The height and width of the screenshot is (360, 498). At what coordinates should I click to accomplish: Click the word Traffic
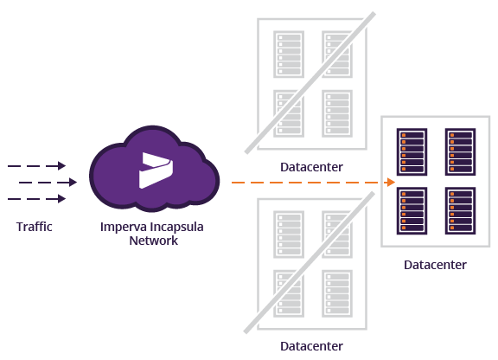tap(35, 228)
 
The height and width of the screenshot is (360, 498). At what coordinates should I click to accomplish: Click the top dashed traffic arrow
tap(36, 165)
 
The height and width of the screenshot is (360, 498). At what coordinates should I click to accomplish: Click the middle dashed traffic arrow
tap(48, 183)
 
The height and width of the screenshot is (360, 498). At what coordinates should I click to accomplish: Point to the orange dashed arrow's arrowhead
tap(390, 183)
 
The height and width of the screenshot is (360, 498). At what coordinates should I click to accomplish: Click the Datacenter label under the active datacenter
tap(435, 265)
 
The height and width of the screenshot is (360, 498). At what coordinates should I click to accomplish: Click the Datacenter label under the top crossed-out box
tap(311, 167)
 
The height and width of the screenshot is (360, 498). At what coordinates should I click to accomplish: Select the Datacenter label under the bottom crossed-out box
tap(311, 346)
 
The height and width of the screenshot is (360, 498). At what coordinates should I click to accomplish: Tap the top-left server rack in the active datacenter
tap(411, 151)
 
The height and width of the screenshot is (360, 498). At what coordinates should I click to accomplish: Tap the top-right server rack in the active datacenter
tap(460, 151)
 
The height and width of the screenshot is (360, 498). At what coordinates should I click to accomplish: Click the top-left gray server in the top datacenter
tap(287, 54)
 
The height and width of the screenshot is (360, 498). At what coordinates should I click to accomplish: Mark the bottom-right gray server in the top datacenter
tap(336, 112)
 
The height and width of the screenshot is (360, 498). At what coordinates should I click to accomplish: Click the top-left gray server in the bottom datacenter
tap(287, 234)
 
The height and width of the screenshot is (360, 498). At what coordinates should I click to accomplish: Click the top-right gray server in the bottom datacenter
tap(336, 234)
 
